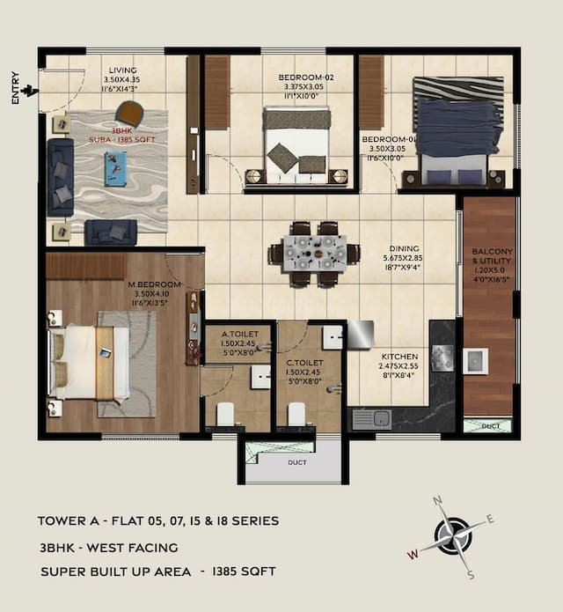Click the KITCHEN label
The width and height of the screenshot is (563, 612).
point(400,358)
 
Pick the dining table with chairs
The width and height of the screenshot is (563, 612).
point(314,254)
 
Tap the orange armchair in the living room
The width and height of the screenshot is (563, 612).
point(129,113)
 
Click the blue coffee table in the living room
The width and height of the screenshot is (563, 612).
point(115,167)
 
